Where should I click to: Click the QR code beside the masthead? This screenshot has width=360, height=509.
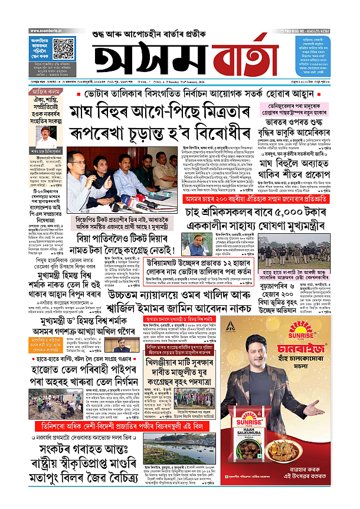pyautogui.click(x=64, y=47)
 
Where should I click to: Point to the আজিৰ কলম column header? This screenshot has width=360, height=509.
pyautogui.click(x=45, y=93)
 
